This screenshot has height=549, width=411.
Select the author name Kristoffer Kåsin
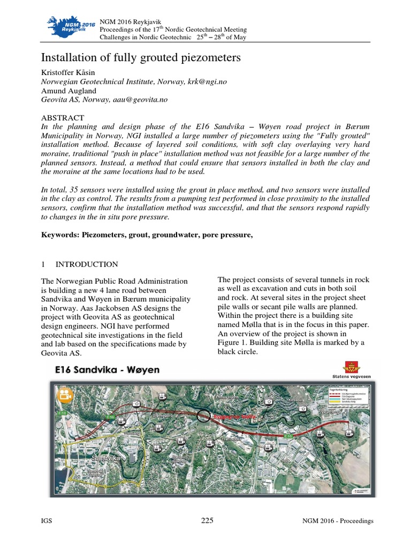coord(67,72)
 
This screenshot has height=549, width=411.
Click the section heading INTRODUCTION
coord(88,264)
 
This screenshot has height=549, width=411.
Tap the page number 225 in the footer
coord(207,521)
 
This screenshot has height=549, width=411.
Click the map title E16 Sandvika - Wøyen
coord(106,370)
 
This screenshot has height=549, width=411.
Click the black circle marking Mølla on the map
coord(204,415)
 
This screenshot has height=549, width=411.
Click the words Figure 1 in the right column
coord(233,342)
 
